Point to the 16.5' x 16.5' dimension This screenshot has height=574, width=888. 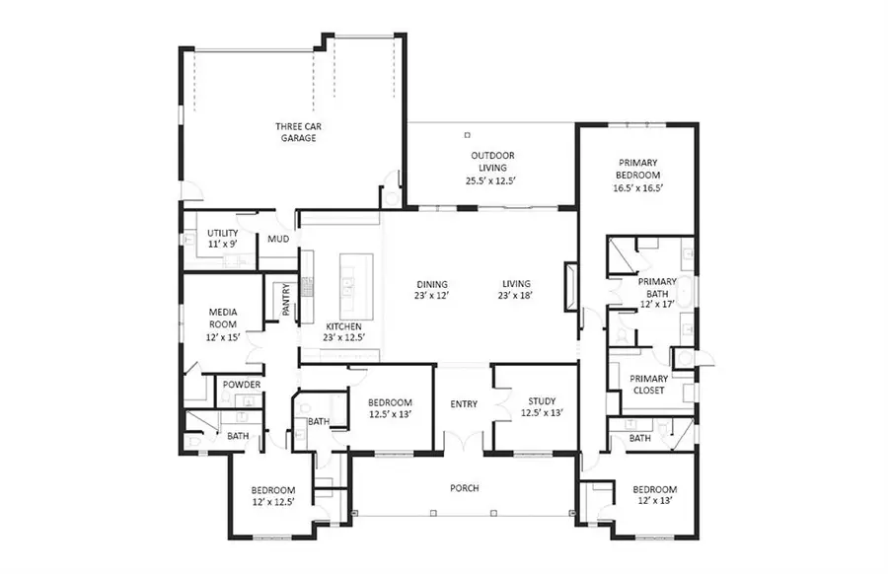pos(638,187)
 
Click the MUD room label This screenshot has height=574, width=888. pos(277,240)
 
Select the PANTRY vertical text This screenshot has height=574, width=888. pos(286,300)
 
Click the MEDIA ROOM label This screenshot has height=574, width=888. pos(223,318)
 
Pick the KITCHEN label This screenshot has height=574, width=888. pos(343,326)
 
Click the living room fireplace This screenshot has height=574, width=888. pos(570,286)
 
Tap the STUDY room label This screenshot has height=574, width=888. pos(542,401)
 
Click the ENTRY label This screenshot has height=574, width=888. pos(464,403)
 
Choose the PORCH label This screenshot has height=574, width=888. pos(464,487)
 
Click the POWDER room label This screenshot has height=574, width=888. pos(242,385)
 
